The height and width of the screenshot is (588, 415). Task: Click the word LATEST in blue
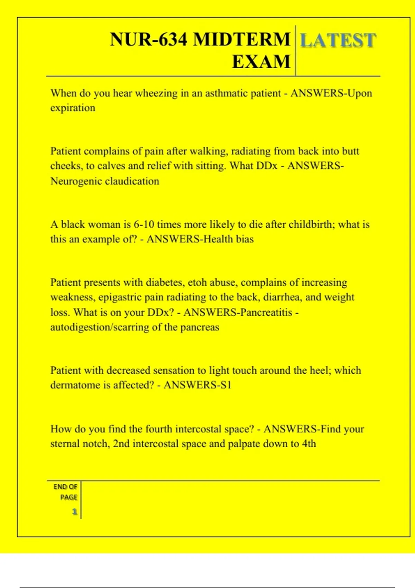(x=338, y=40)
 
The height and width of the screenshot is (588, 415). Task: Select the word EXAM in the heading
(x=261, y=62)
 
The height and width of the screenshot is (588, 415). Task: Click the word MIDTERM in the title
(x=241, y=39)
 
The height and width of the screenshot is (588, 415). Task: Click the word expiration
(x=73, y=108)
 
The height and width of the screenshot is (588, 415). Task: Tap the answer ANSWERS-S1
(x=197, y=385)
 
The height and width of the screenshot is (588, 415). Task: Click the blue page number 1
(x=74, y=512)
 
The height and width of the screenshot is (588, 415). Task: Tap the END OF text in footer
(x=65, y=487)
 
